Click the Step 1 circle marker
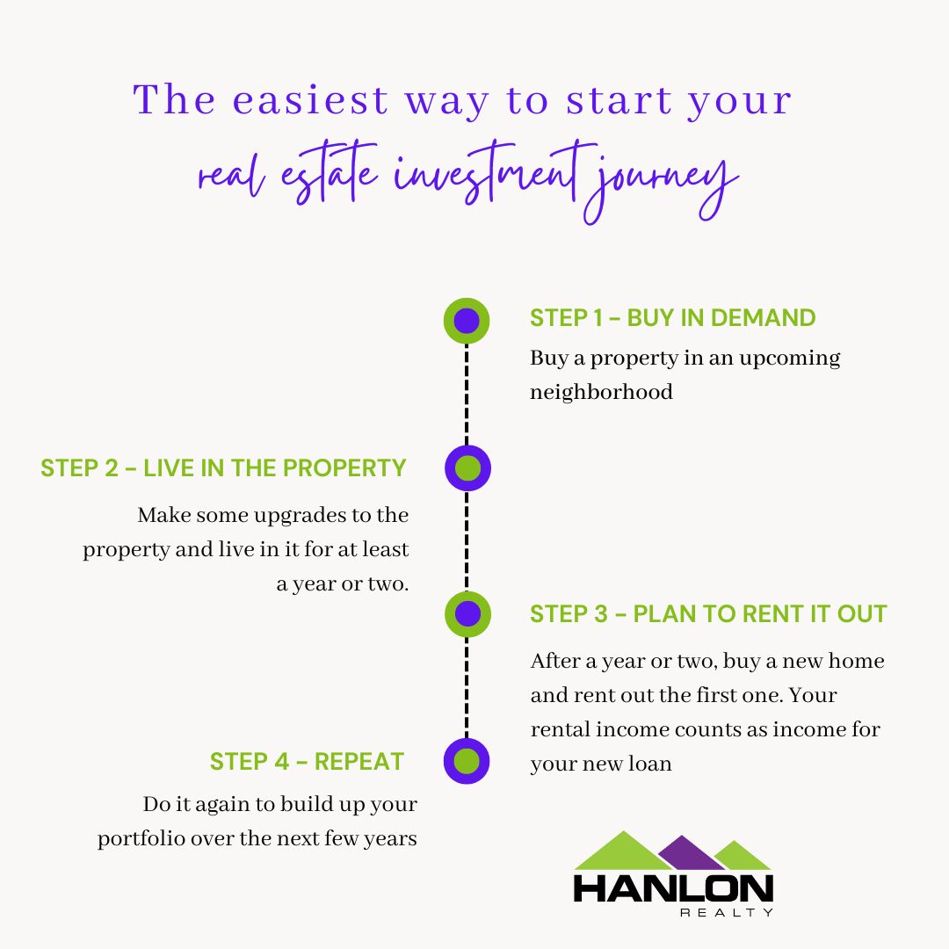(x=467, y=321)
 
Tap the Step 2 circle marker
(x=467, y=468)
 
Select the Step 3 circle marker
(x=467, y=613)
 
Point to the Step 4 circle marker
(x=467, y=761)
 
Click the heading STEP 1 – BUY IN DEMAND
(x=672, y=318)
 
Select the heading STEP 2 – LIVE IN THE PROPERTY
(x=223, y=467)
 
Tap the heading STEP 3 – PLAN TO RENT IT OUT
(x=708, y=614)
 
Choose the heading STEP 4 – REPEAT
(x=307, y=761)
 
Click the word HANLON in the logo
(x=673, y=887)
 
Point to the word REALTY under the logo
(x=728, y=913)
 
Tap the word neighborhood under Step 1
(x=601, y=392)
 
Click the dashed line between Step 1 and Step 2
(x=467, y=394)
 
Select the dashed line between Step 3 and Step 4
(x=467, y=687)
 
